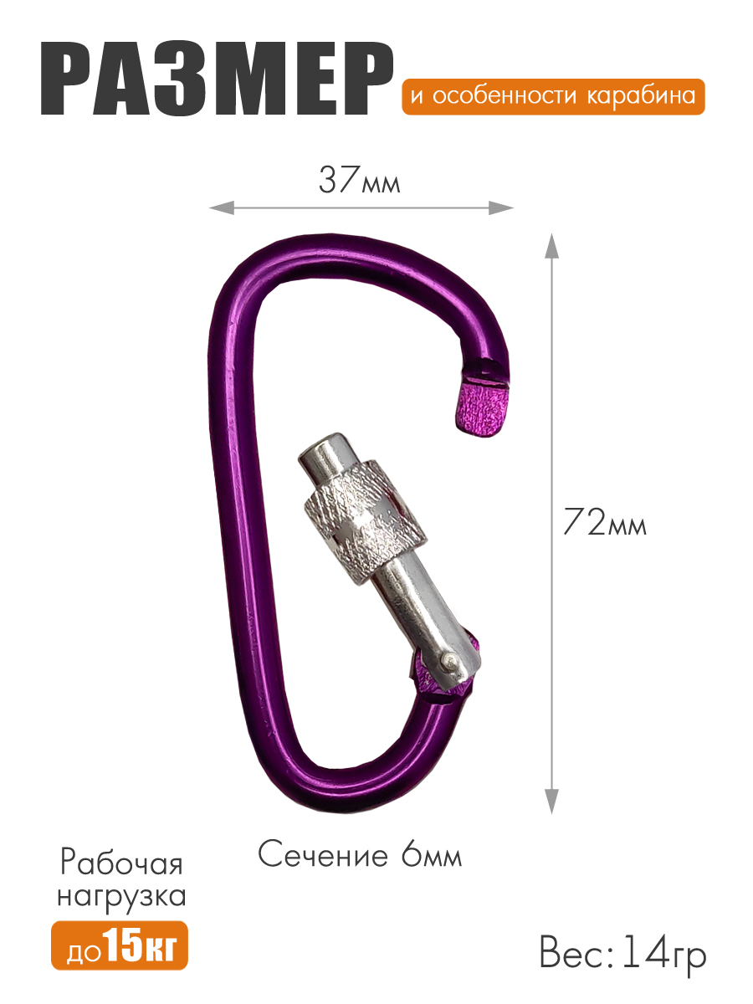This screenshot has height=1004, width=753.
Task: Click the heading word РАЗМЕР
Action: click(x=218, y=78)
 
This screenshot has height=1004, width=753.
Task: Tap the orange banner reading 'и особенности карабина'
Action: click(x=553, y=96)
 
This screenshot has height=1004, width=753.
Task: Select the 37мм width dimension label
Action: click(x=360, y=180)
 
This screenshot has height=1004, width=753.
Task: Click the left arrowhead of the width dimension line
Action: click(x=221, y=207)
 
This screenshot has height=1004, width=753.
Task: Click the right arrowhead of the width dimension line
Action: click(x=501, y=207)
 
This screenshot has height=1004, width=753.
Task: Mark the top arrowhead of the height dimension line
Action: click(x=552, y=247)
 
